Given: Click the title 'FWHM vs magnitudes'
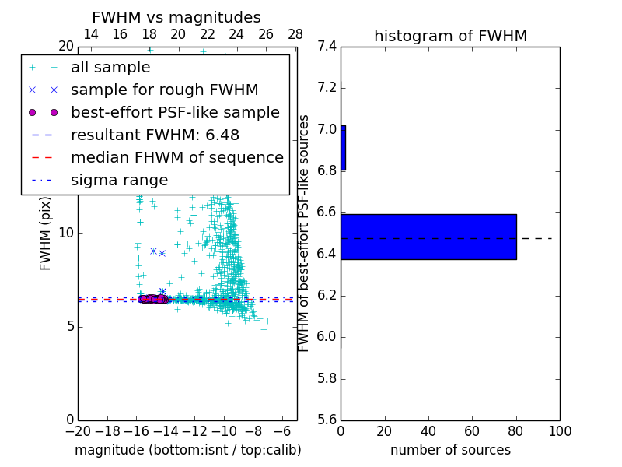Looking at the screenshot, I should pos(176,17).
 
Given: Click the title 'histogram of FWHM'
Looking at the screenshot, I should pos(450,36).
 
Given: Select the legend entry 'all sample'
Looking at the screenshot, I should pos(110,68).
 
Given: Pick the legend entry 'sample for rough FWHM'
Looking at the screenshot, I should pos(164,90).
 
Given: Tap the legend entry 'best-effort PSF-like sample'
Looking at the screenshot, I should pos(175,113).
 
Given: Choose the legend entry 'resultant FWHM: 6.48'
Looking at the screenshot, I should pos(155,135).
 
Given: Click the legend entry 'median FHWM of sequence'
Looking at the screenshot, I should pos(176,158).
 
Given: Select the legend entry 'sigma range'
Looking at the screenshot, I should pos(119,181).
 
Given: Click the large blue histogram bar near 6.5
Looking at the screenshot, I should pos(428,237).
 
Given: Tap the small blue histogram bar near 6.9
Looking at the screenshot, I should pos(343,148).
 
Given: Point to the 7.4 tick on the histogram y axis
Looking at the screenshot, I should pos(327,47).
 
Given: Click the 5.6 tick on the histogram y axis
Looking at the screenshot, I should pos(327,420).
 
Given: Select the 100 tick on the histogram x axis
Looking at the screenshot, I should pos(559,431).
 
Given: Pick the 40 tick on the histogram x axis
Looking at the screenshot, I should pos(428,431).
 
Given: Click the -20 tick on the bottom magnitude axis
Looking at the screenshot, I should pos(78,431).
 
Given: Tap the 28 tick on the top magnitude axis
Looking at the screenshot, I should pos(295,34).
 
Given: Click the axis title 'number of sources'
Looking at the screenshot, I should pos(450,450).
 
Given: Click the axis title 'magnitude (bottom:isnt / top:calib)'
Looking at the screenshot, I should pos(187,450).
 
